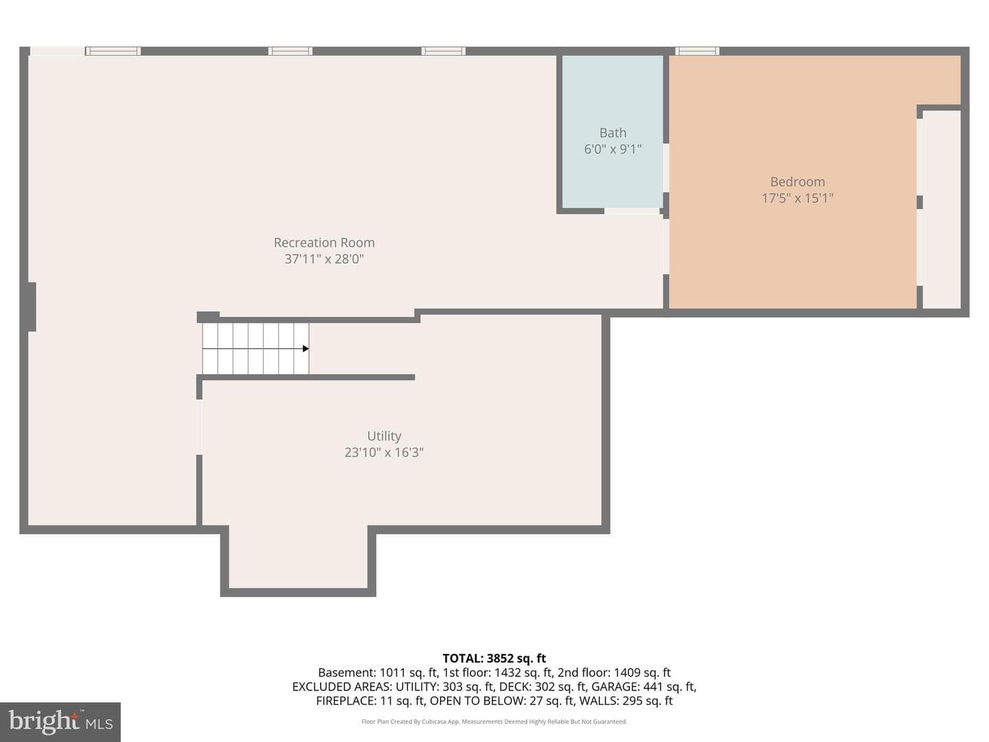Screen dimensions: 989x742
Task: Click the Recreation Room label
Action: [324, 243]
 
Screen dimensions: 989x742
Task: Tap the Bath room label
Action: [613, 133]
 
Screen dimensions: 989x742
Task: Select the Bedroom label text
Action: [797, 181]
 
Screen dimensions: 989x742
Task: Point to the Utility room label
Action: [384, 436]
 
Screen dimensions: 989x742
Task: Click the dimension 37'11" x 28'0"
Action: [324, 259]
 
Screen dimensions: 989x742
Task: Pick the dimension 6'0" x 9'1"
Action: [613, 149]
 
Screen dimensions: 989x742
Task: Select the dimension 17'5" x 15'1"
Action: [797, 199]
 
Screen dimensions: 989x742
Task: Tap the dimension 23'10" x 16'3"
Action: [384, 452]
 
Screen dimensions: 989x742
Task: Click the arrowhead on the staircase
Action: [306, 348]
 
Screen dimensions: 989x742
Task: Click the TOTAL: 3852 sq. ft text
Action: [494, 658]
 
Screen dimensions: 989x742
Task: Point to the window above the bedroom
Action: [697, 51]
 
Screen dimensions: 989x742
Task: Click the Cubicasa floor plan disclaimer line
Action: [494, 721]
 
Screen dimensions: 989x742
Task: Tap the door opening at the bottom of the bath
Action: [632, 211]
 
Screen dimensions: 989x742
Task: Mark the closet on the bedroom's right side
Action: [942, 210]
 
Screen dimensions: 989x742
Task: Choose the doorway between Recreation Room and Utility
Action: [198, 427]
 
